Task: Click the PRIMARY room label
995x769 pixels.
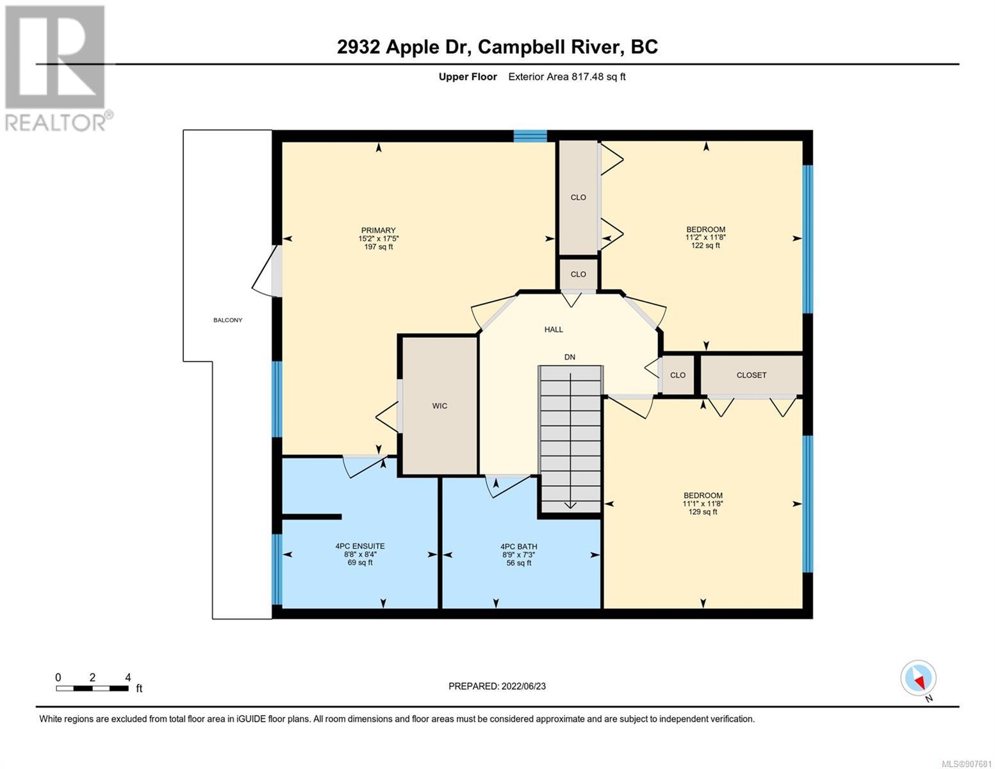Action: pos(378,230)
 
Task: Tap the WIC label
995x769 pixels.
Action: pos(440,406)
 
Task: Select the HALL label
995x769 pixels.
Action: pos(554,329)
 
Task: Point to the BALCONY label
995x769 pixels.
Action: pos(227,320)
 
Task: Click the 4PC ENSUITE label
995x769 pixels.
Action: pos(360,546)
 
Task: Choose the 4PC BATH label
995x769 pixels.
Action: pos(519,547)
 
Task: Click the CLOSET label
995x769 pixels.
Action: pos(752,375)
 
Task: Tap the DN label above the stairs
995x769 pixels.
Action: pos(570,357)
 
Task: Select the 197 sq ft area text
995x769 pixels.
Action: pos(378,247)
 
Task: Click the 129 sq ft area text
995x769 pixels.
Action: pos(703,511)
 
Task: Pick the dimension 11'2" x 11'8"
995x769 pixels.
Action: pos(705,237)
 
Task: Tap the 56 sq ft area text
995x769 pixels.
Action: pos(519,563)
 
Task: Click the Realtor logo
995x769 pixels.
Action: pos(57,69)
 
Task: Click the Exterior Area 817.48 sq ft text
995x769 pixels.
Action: pos(567,76)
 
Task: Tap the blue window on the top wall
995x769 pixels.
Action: pos(530,136)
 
